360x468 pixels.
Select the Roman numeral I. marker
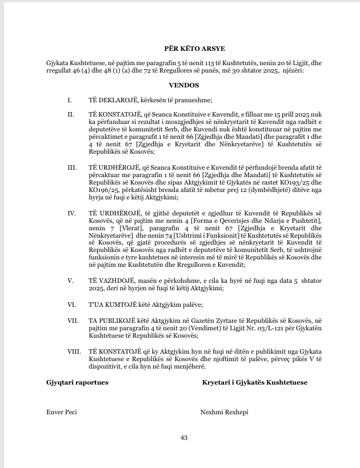tap(69, 100)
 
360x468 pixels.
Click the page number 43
tap(184, 438)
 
